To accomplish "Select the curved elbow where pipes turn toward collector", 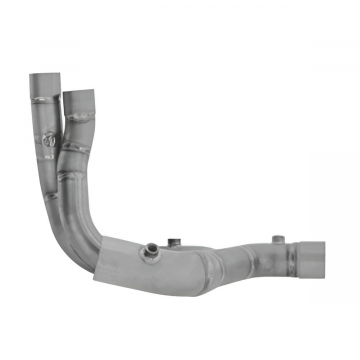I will coord(85,220).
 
